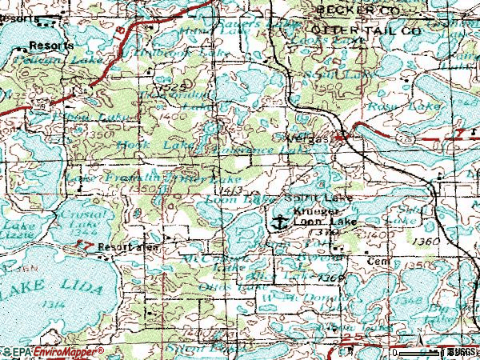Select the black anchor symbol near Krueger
[x=279, y=222]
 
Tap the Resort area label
[x=128, y=247]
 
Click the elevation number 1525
[x=172, y=85]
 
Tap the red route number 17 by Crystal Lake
[x=90, y=245]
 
